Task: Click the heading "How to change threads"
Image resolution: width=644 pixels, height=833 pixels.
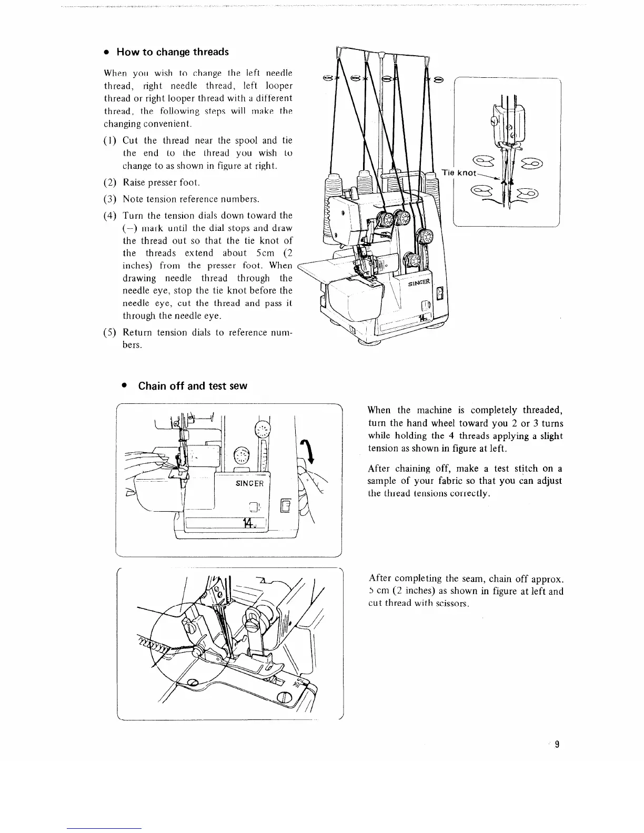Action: coord(172,52)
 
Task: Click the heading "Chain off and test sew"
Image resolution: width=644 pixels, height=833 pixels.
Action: coord(192,386)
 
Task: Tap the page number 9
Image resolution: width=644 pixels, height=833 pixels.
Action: coord(557,744)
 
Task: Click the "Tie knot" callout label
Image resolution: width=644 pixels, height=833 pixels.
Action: coord(459,172)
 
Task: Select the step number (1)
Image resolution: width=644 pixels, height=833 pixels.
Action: coord(110,140)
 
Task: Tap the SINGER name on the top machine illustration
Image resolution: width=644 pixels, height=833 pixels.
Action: coord(419,283)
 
